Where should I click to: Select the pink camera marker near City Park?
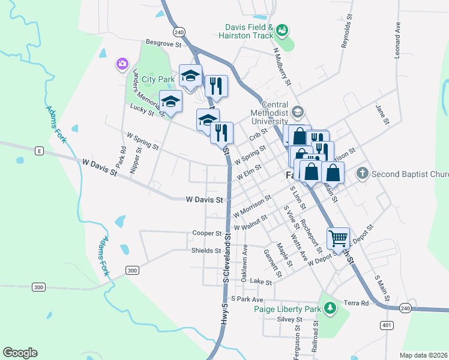pos(122,63)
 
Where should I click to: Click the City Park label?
pos(158,79)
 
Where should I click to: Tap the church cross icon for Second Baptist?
pos(362,174)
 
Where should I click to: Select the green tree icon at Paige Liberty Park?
pos(329,308)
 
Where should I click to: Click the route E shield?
pos(39,150)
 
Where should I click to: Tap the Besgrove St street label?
pos(163,43)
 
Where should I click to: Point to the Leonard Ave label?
pos(397,41)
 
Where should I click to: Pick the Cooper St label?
pos(206,233)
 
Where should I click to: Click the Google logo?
pos(20,353)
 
